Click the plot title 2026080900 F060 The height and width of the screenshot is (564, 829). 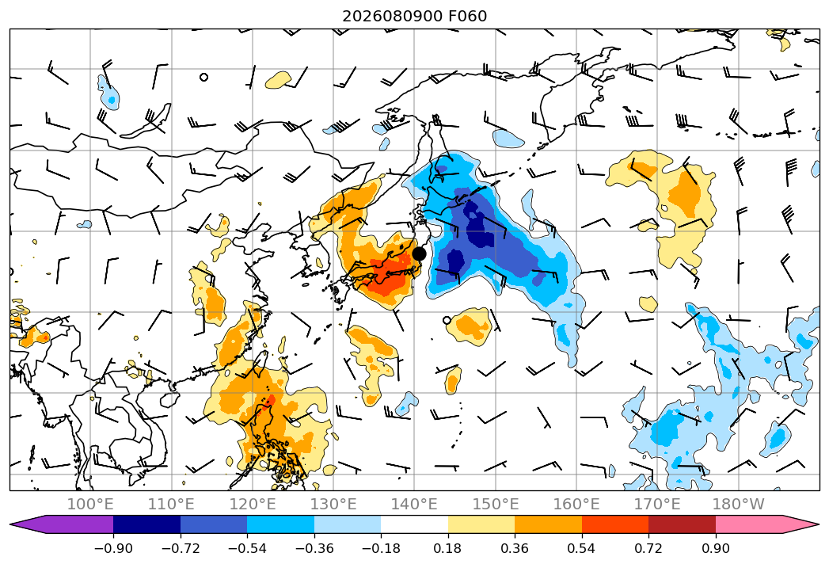coord(415,17)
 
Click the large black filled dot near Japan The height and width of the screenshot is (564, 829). coord(420,254)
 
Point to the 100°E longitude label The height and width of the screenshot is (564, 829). coord(90,504)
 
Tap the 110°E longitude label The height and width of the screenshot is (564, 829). coord(171,504)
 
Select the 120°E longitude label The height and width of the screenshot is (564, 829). coord(253,504)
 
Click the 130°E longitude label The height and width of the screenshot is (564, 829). coord(333,504)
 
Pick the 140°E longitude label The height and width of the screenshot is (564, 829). coord(414,504)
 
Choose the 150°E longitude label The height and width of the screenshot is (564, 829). coord(496,504)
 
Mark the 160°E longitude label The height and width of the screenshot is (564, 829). coord(576,504)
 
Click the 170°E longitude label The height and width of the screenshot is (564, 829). coord(657,504)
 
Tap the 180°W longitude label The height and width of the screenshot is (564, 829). coord(738,504)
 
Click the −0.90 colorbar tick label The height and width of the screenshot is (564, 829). coord(113,548)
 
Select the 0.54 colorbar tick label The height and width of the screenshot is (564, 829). coord(582,548)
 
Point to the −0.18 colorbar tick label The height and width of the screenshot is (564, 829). coord(381,548)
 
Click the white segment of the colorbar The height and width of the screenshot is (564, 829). coord(415,524)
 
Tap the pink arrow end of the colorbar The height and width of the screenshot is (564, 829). coord(798,524)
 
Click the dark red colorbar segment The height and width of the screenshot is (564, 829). coord(682,524)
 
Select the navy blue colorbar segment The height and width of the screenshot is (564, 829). coord(147,524)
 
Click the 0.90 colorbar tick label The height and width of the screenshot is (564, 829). coord(715,548)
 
